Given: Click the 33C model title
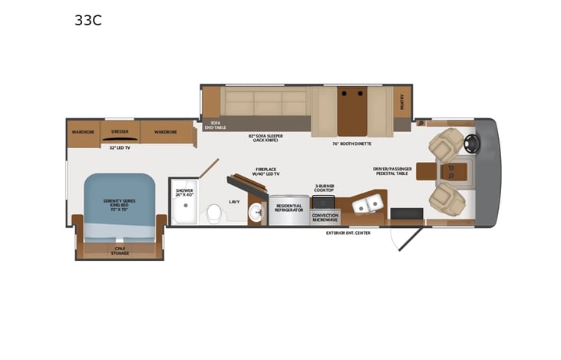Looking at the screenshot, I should [x=87, y=21].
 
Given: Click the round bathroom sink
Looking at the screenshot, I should [x=255, y=215].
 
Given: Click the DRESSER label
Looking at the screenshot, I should [x=120, y=132].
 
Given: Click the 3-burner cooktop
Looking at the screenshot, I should [x=325, y=202].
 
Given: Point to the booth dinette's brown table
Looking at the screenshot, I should [x=352, y=110].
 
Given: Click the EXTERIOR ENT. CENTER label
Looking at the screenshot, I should [x=348, y=233].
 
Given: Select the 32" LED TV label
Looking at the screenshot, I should [x=120, y=147].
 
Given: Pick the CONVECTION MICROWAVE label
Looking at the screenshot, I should [x=325, y=217].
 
